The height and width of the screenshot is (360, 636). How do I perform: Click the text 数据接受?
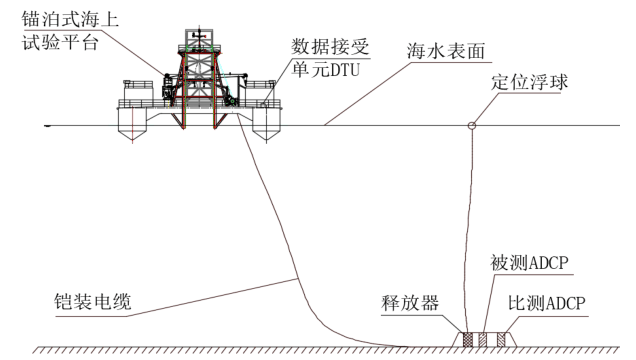[323, 46]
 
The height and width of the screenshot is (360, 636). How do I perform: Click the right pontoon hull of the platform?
[268, 126]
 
